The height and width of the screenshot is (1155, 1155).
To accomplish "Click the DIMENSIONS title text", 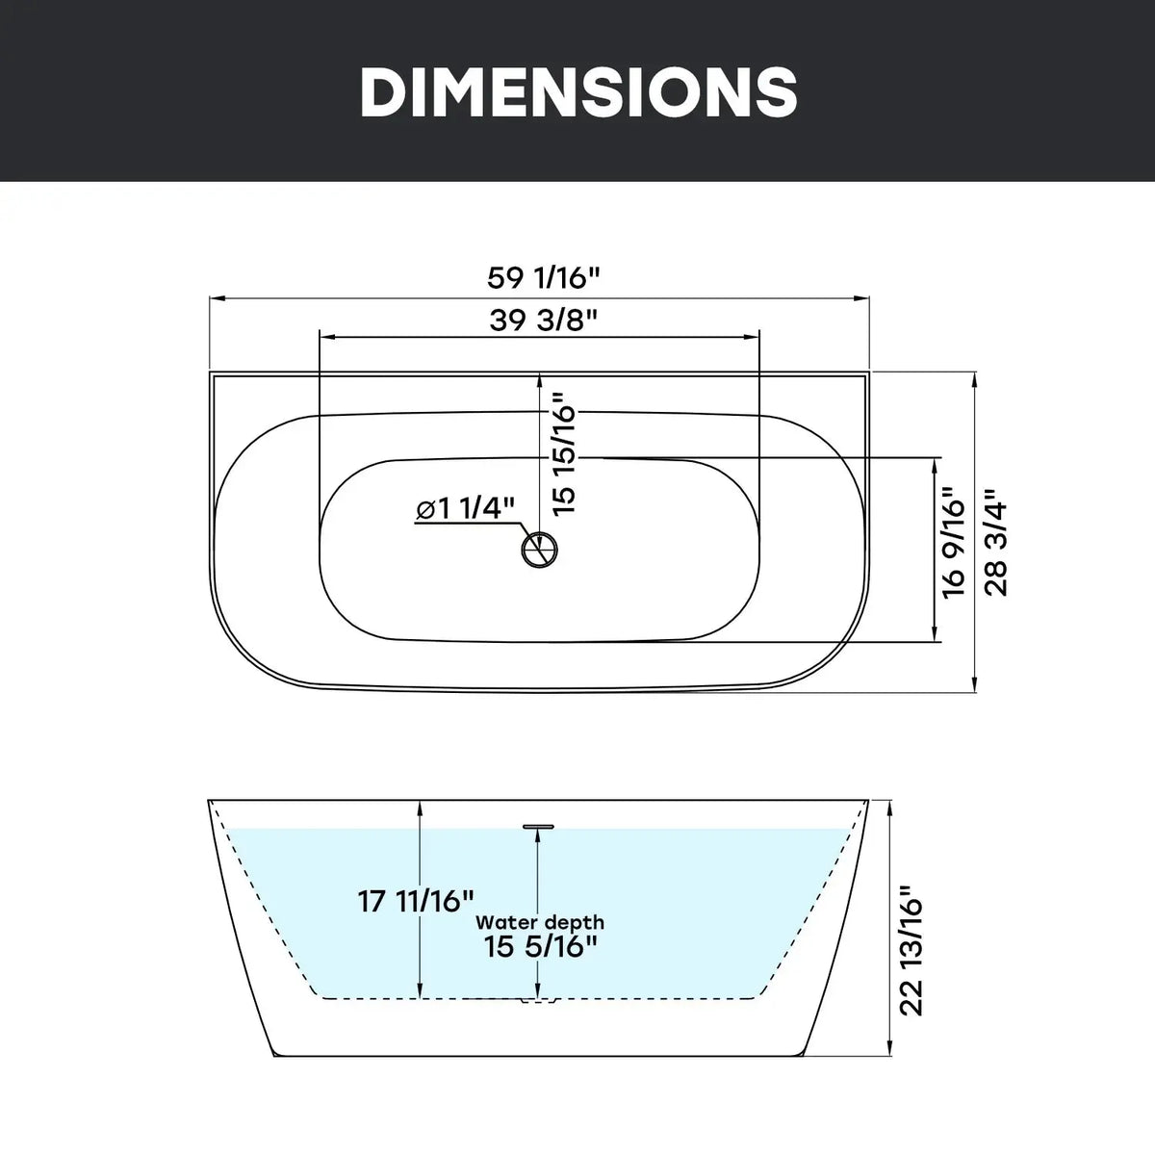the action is [x=578, y=91].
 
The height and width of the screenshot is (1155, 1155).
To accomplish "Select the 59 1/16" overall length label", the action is [x=544, y=277].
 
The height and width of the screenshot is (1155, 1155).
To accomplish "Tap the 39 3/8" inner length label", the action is [x=544, y=321].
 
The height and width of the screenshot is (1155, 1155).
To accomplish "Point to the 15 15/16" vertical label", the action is [x=564, y=453].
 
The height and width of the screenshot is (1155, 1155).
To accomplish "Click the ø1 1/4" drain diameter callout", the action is [x=466, y=509].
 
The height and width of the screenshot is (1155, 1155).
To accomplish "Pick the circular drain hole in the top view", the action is [x=539, y=549].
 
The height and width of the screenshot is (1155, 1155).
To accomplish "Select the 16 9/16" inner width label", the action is [x=954, y=549].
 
